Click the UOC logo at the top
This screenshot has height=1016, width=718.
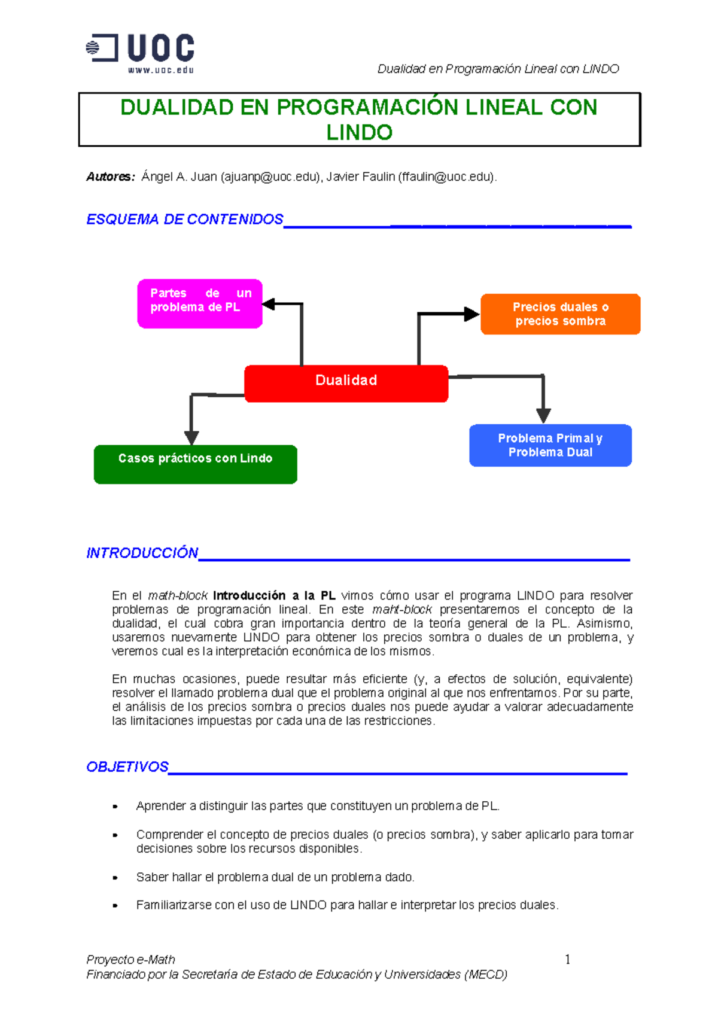[x=141, y=53]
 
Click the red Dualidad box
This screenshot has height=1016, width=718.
[x=346, y=383]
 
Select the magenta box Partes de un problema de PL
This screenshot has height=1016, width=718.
[x=200, y=303]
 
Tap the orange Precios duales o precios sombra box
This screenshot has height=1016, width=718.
[x=560, y=314]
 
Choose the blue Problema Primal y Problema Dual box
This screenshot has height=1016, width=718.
[x=550, y=445]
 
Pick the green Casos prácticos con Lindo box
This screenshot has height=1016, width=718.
[x=195, y=464]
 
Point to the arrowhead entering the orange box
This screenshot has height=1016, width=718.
[x=471, y=314]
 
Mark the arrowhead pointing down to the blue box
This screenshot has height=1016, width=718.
[x=543, y=415]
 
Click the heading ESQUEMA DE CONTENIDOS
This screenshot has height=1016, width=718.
[x=184, y=220]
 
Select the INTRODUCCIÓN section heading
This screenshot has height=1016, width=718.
[x=142, y=553]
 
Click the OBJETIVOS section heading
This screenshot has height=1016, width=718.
[x=127, y=767]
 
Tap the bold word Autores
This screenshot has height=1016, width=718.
[x=110, y=177]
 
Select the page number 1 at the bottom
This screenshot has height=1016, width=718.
[x=567, y=960]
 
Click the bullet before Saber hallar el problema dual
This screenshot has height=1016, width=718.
[x=115, y=878]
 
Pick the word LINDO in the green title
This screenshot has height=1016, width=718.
[x=359, y=132]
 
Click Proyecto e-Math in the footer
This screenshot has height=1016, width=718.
[x=130, y=960]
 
